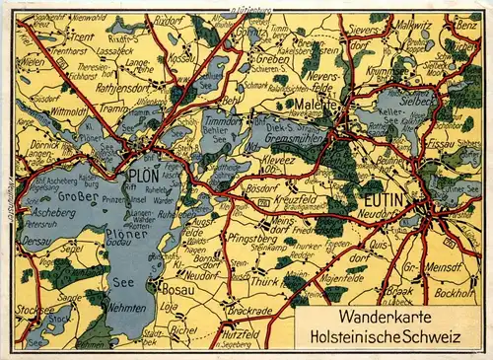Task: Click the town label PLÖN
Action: (x=144, y=178)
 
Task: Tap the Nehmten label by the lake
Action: (x=124, y=308)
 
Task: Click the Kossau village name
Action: (x=179, y=58)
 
